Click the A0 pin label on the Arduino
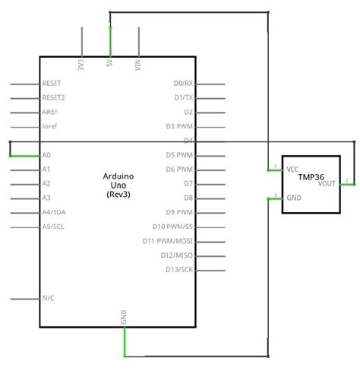[46, 155]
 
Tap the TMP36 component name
[310, 176]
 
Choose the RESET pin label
[52, 83]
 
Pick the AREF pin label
[50, 112]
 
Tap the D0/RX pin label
[183, 83]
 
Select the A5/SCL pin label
[53, 227]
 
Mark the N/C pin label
[48, 298]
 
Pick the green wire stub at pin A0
[24, 155]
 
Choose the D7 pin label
[188, 183]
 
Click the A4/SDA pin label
[53, 212]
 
